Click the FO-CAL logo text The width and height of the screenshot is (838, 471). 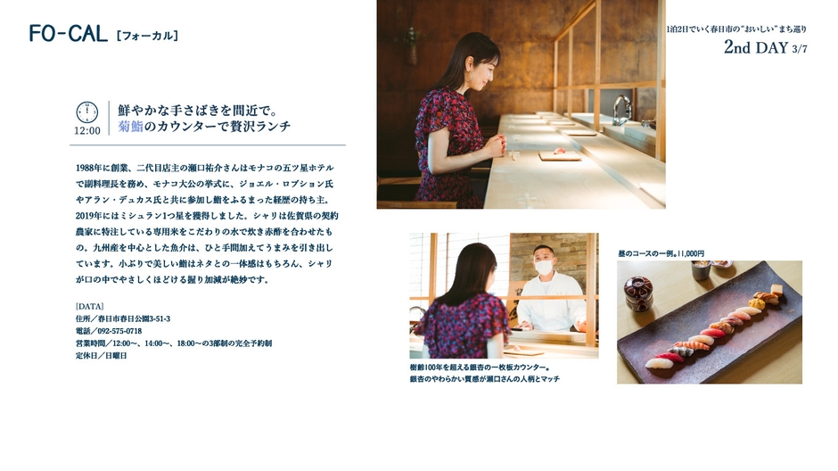click(x=68, y=34)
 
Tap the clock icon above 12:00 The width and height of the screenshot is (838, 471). click(x=87, y=112)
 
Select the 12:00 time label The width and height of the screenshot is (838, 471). click(x=87, y=130)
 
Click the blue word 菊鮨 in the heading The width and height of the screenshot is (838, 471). click(x=130, y=128)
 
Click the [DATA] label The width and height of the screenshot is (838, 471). click(x=90, y=306)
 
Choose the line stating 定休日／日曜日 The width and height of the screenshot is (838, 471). click(x=102, y=355)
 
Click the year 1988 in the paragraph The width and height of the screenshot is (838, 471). click(x=87, y=167)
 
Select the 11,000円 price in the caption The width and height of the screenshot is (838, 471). click(x=691, y=253)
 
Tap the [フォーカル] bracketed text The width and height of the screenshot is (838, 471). click(x=147, y=36)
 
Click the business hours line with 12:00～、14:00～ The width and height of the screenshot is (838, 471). click(x=174, y=343)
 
